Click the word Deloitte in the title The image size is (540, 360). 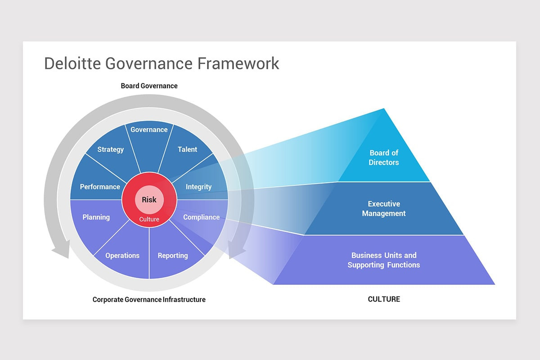coord(72,63)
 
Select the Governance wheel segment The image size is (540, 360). coord(149,135)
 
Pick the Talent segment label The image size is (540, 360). coord(187,149)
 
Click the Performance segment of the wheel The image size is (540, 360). coord(99,186)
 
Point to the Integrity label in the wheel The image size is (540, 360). coord(198,186)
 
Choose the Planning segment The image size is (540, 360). coord(96,217)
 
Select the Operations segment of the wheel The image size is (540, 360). coord(122,256)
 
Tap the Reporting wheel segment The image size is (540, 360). coord(172,256)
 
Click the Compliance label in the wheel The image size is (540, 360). coord(201,217)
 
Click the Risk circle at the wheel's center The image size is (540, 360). coord(149,199)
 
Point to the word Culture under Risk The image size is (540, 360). coord(149,219)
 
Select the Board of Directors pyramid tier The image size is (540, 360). coord(384,157)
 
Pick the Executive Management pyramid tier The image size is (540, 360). coord(384,209)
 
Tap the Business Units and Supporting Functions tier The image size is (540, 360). coord(384,260)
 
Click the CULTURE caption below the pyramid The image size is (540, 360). coord(384,299)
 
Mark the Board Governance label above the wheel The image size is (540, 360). coord(149,86)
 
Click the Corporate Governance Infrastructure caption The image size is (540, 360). coord(149,300)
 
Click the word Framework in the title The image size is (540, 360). coord(238,63)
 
